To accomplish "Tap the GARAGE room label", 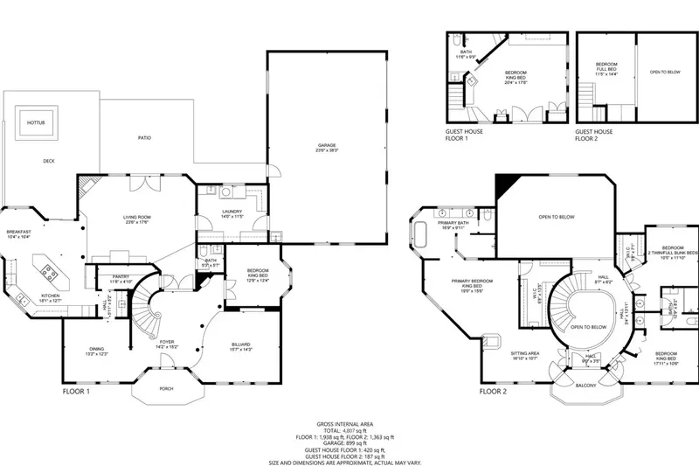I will click(x=327, y=147).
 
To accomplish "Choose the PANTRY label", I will click(x=121, y=278).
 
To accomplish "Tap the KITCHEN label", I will click(x=52, y=296).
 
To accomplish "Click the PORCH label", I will click(x=165, y=391).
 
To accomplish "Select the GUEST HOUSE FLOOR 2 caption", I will click(x=594, y=135).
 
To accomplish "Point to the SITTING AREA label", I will click(x=525, y=354).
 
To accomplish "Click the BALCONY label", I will click(x=586, y=386).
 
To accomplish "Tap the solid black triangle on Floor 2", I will click(x=504, y=183).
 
